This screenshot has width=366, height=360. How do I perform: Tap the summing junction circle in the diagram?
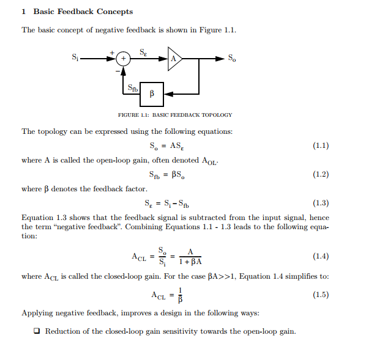pos(124,59)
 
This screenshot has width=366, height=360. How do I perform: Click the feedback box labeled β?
pos(151,94)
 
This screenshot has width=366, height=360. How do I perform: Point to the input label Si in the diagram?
pos(75,59)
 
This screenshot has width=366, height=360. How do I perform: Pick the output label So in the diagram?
pos(232,59)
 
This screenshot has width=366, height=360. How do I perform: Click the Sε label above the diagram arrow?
pos(143,52)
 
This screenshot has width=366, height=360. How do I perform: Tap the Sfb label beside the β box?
pos(132,89)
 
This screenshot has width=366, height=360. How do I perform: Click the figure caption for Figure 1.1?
pos(175,115)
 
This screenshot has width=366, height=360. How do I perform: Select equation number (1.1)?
pos(320,146)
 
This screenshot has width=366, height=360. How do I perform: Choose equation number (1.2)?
pos(320,175)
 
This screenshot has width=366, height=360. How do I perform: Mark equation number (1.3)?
pos(320,203)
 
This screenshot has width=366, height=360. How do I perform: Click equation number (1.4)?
pos(320,255)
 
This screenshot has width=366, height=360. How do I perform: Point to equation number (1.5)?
pos(320,295)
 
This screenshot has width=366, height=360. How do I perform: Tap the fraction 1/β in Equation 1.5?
pos(180,295)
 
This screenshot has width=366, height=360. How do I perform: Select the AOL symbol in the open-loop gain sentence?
pos(209,161)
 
